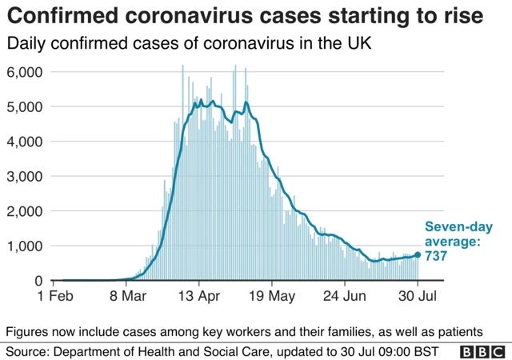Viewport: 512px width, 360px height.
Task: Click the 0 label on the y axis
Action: (x=38, y=281)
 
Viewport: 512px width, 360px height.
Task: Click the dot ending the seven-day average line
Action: (x=418, y=255)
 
